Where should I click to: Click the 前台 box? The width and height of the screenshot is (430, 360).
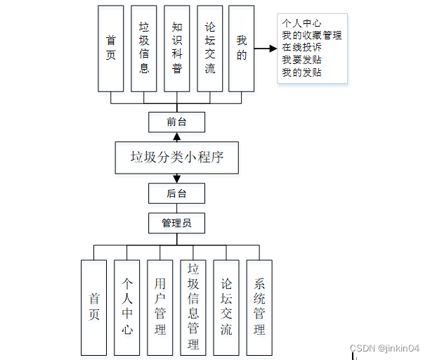point(176,122)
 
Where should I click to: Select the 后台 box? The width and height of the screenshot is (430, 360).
point(176,193)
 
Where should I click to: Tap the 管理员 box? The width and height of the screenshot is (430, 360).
point(176,224)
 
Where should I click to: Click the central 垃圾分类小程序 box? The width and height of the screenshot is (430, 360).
point(177,157)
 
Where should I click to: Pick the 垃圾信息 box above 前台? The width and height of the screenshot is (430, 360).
point(144,49)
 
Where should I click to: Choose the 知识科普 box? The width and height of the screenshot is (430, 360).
point(177,49)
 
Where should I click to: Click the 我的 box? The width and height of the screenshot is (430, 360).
point(241,49)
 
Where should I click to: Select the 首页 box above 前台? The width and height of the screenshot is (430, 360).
point(111,49)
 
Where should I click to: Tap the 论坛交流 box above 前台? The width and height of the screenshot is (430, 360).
point(209,49)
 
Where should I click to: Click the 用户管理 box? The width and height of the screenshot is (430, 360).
point(160,307)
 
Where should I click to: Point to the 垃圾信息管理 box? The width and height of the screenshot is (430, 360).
point(193,307)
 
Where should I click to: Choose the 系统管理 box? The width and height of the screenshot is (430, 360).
point(259,307)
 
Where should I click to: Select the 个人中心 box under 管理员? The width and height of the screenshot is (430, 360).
point(127,307)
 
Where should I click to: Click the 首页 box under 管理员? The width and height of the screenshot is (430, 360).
point(94,307)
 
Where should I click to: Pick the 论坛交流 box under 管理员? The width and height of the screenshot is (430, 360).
point(226,307)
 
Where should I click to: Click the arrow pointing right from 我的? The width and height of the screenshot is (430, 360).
point(265,49)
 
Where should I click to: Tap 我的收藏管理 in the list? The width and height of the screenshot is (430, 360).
point(311,35)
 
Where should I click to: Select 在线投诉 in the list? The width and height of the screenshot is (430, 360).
point(303,47)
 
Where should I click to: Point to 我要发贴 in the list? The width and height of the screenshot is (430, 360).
point(303,60)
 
